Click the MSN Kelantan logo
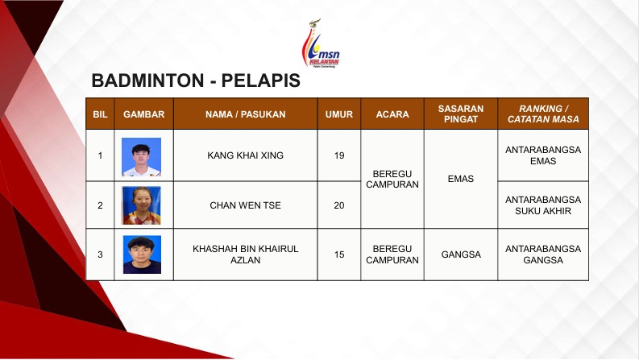pyautogui.click(x=321, y=43)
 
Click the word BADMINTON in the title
pyautogui.click(x=147, y=81)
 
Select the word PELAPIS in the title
pyautogui.click(x=261, y=81)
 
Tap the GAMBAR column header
pyautogui.click(x=144, y=114)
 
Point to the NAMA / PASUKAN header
pyautogui.click(x=245, y=114)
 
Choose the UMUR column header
pyautogui.click(x=339, y=114)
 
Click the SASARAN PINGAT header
pyautogui.click(x=460, y=114)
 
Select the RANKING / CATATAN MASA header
pyautogui.click(x=543, y=114)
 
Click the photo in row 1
pyautogui.click(x=141, y=157)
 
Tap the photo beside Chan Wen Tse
pyautogui.click(x=141, y=205)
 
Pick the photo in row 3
pyautogui.click(x=142, y=254)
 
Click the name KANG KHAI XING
pyautogui.click(x=245, y=155)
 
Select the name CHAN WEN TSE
pyautogui.click(x=245, y=205)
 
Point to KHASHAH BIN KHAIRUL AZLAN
pyautogui.click(x=245, y=254)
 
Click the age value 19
pyautogui.click(x=339, y=155)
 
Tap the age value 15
pyautogui.click(x=339, y=254)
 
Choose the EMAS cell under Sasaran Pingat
pyautogui.click(x=460, y=179)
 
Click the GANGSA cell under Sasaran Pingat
pyautogui.click(x=461, y=254)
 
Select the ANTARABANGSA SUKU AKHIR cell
pyautogui.click(x=543, y=205)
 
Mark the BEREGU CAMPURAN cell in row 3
pyautogui.click(x=392, y=254)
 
